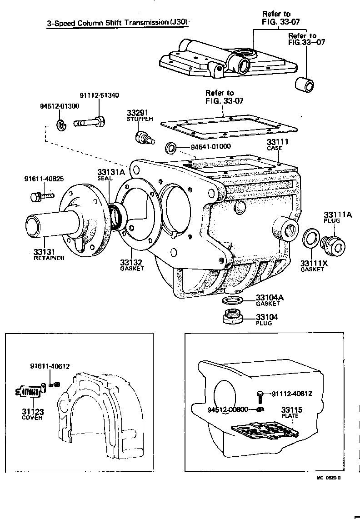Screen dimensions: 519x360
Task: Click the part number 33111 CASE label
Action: click(x=277, y=145)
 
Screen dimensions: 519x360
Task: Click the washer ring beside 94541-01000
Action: click(x=171, y=147)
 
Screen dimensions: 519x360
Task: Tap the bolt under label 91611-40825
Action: click(x=40, y=196)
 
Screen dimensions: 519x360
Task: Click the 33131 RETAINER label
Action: click(x=49, y=254)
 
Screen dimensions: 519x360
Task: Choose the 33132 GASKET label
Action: click(x=132, y=265)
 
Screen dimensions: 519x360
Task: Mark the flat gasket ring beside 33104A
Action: click(x=232, y=300)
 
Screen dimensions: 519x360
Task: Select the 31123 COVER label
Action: click(x=32, y=414)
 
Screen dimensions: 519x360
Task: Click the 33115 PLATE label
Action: click(x=291, y=412)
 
